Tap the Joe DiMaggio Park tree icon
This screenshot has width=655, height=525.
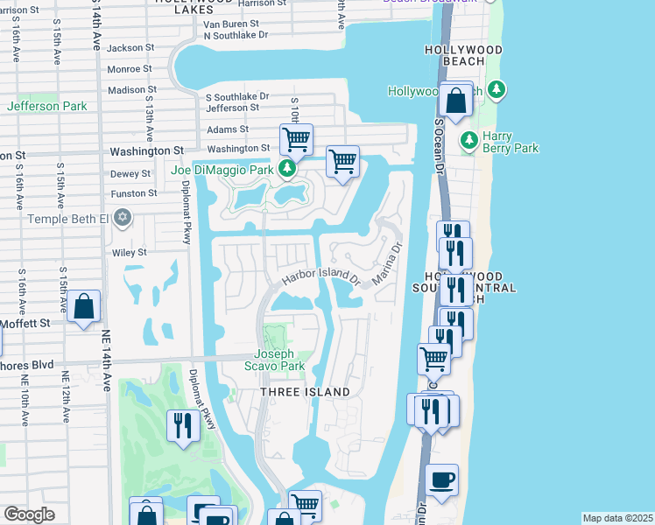pyautogui.click(x=286, y=168)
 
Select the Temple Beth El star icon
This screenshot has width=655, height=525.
pyautogui.click(x=123, y=217)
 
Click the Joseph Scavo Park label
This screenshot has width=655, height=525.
pyautogui.click(x=280, y=360)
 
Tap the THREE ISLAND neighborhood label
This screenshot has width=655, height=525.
pyautogui.click(x=305, y=392)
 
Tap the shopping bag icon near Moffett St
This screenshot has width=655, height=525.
pyautogui.click(x=83, y=307)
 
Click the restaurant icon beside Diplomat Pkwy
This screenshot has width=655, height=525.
pyautogui.click(x=182, y=425)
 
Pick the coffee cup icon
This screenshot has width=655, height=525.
pyautogui.click(x=442, y=480)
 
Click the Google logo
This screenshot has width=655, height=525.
pyautogui.click(x=29, y=514)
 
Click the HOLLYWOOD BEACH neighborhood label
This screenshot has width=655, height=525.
pyautogui.click(x=465, y=56)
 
